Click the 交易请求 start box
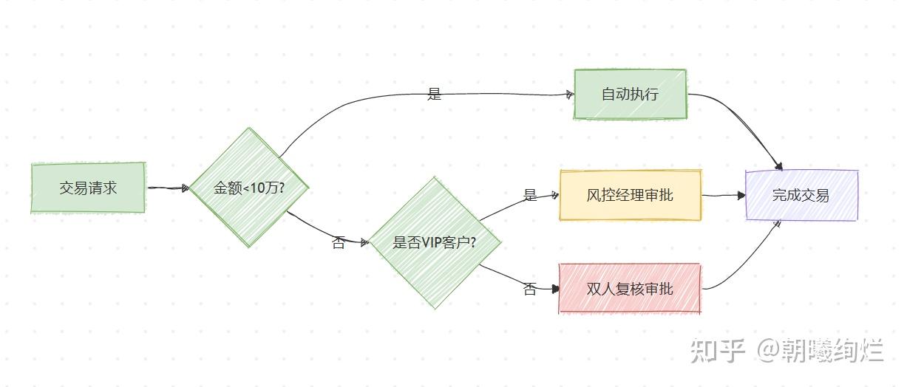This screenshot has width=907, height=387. coord(88,188)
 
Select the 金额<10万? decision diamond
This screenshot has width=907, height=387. coord(249,188)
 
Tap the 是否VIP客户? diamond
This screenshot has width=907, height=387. coord(435,242)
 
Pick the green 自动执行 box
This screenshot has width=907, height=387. coord(630,94)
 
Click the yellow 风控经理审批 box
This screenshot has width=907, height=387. coord(630,196)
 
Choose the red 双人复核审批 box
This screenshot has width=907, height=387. coord(630,288)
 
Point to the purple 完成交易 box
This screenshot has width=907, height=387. coord(801,195)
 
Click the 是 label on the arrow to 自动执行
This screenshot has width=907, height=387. coord(435,94)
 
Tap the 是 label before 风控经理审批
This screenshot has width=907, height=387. coord(530,196)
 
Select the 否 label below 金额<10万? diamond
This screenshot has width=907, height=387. coord(339,243)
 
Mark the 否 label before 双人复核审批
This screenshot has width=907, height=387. coord(530,290)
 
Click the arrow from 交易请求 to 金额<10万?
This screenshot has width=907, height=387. coord(168,188)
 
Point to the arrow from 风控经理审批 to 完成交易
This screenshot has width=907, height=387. coord(723,196)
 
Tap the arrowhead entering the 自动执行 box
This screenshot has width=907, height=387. coord(569,94)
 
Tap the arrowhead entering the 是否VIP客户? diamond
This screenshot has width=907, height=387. coord(364,242)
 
